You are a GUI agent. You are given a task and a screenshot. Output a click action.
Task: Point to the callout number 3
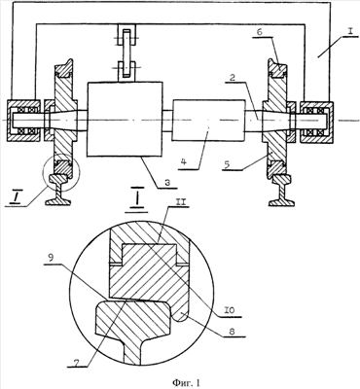tap(168, 181)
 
